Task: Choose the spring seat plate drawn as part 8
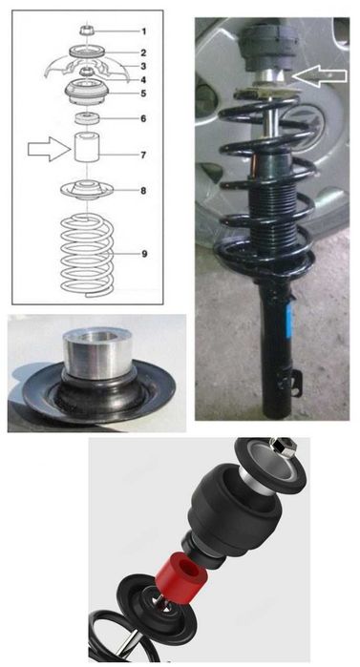[88, 190]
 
